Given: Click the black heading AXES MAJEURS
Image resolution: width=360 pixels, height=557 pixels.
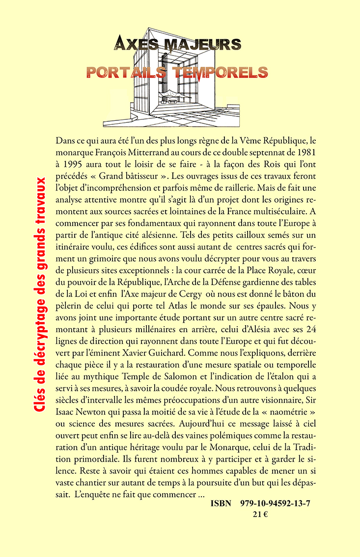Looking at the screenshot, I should [x=177, y=46].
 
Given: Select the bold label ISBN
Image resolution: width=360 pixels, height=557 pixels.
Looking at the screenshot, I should [x=221, y=504].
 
